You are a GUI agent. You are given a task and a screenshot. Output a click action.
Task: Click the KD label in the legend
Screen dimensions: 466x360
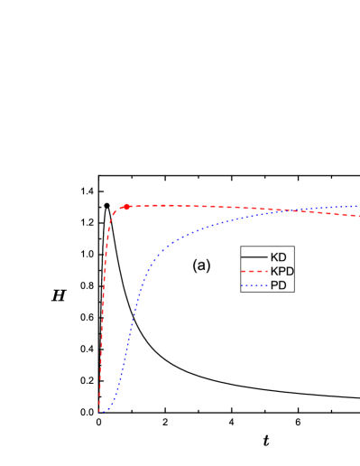278,257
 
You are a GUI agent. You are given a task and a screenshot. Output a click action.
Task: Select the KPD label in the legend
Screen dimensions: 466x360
282,271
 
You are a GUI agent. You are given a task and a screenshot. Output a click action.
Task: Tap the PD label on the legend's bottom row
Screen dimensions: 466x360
278,285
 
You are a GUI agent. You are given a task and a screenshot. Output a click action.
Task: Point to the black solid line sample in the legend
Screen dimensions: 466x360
254,257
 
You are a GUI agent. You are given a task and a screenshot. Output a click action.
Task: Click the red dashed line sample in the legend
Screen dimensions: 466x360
254,271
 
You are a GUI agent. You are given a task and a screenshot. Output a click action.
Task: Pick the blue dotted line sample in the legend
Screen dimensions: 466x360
254,285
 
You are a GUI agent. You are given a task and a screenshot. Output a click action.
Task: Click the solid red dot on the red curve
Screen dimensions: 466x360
127,207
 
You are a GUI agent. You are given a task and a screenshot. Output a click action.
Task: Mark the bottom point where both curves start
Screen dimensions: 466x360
100,413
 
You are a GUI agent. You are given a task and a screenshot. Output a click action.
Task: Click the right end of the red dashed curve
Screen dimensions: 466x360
358,216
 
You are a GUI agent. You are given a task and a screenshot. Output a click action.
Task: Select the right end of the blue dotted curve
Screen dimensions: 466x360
358,207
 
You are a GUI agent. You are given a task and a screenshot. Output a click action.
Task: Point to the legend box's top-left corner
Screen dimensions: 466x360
241,247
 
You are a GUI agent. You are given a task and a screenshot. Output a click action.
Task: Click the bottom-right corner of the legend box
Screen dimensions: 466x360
293,292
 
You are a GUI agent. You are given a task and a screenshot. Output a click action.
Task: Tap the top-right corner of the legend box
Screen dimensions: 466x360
293,247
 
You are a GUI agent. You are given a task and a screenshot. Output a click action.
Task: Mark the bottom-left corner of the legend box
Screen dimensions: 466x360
241,292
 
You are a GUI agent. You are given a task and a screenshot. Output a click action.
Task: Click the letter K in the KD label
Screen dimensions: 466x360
274,257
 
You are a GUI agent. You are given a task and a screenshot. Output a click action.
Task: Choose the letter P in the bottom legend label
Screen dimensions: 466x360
274,285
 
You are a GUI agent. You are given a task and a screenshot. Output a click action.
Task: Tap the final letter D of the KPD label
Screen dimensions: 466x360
290,271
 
